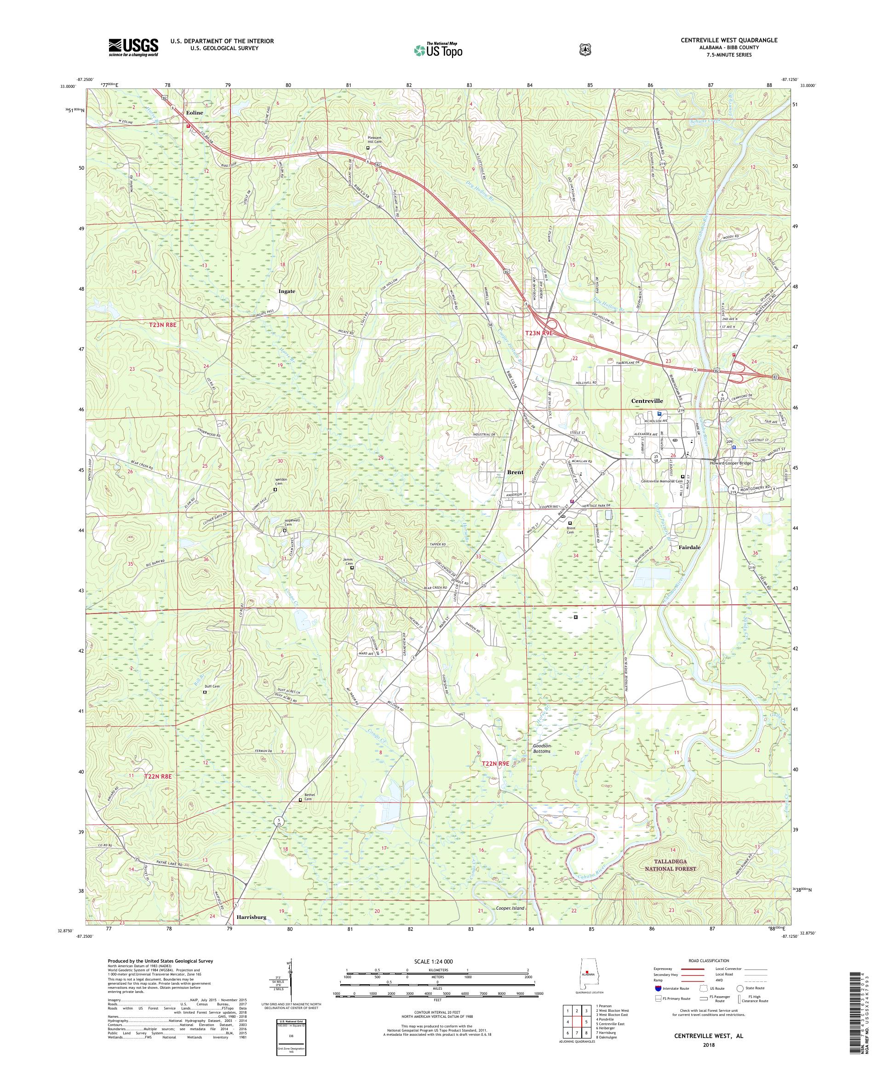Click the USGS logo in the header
tap(133, 47)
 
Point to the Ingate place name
tap(287, 291)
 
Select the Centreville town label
tap(647, 401)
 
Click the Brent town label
tap(515, 472)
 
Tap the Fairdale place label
tap(689, 547)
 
